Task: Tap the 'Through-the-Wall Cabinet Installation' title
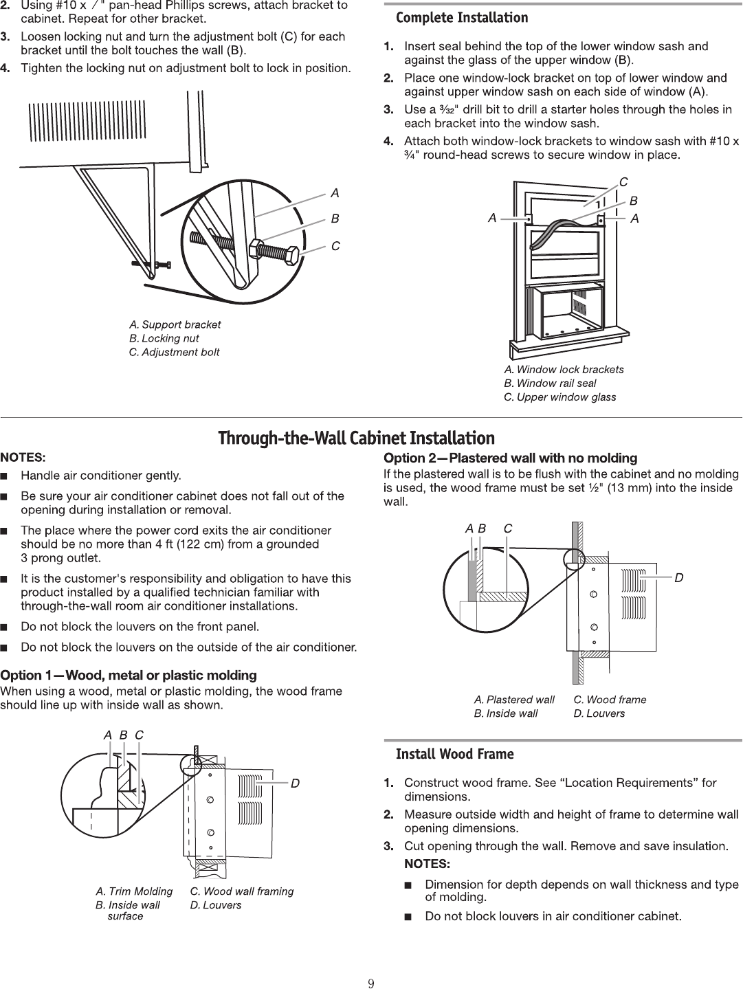point(356,438)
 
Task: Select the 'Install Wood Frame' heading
point(454,755)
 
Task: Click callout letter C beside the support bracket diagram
point(335,245)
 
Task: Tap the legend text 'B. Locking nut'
point(164,338)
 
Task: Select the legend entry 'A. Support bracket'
point(175,324)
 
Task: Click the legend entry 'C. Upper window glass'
point(559,397)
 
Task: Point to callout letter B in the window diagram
point(634,201)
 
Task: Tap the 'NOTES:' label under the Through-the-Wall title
point(23,457)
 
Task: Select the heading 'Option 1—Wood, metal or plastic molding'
point(129,675)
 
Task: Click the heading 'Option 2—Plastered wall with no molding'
point(510,458)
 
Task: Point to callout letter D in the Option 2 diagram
point(678,578)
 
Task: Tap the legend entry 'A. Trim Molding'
point(134,891)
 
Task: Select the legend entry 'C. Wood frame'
point(610,700)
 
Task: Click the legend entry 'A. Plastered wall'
point(514,700)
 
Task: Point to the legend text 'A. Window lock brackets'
point(564,370)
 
